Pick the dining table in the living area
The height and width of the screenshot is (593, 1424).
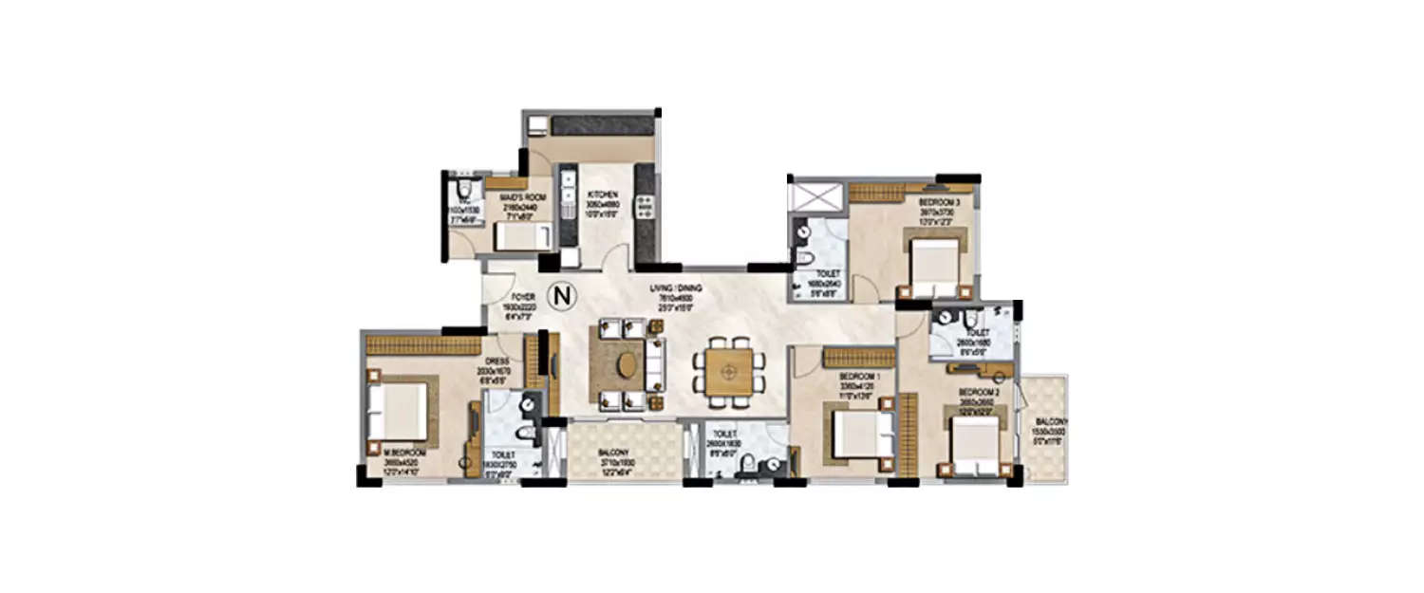[x=728, y=370]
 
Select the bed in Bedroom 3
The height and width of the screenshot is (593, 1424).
[x=935, y=266]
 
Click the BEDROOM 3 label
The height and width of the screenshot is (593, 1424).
[x=939, y=203]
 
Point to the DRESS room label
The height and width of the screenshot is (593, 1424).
[x=499, y=361]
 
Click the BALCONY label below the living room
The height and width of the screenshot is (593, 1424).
[x=614, y=453]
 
